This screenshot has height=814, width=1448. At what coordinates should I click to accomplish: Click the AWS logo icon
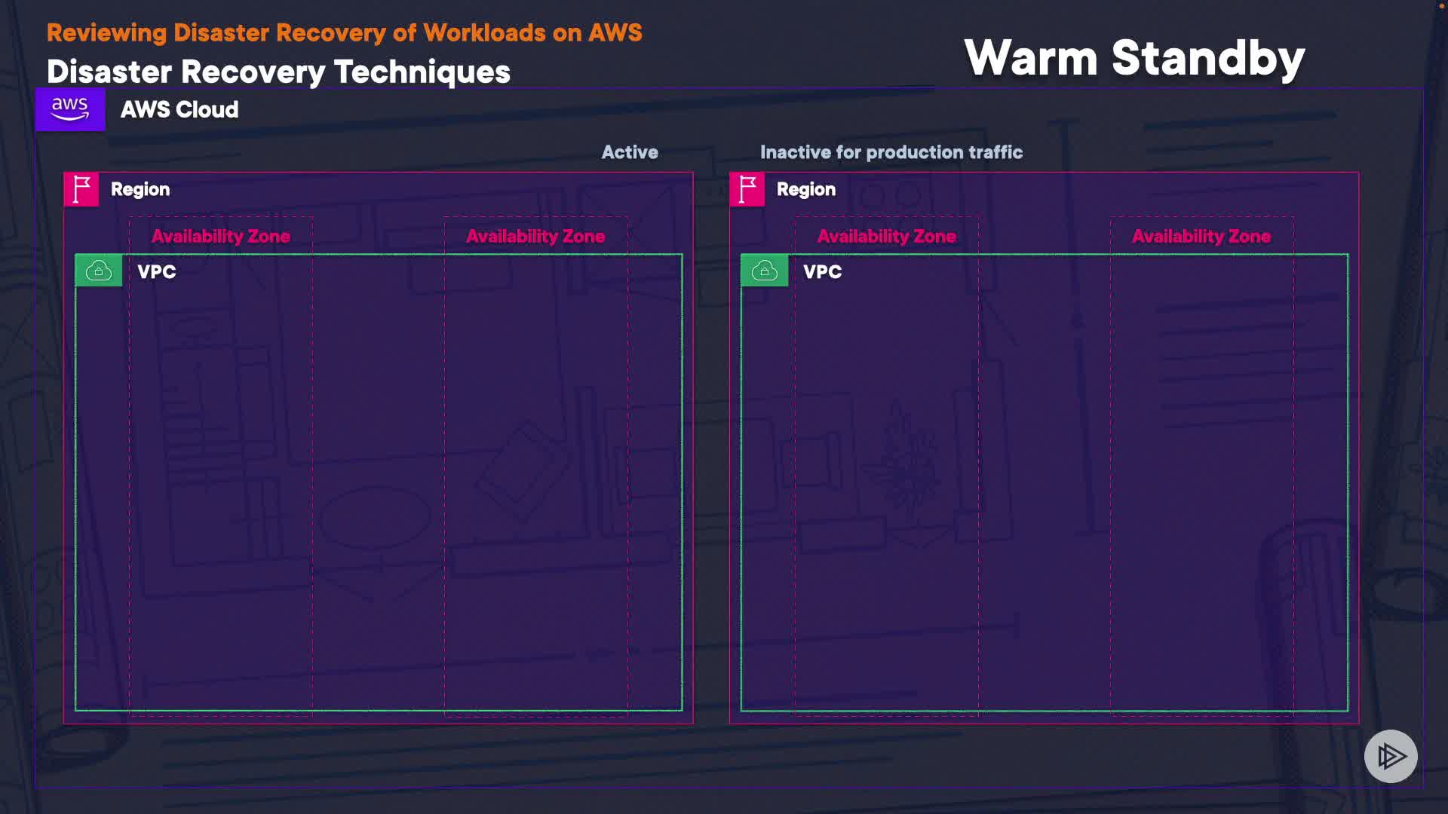70,109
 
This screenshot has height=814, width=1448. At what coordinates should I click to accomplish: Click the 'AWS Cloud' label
179,110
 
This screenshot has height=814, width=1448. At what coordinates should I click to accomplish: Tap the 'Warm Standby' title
1134,58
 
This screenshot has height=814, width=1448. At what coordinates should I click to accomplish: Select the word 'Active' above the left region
630,152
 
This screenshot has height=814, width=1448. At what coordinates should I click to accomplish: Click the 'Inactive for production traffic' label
891,152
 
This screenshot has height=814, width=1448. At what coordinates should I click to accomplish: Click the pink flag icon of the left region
81,189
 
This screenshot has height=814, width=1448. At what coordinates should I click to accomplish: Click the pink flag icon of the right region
747,189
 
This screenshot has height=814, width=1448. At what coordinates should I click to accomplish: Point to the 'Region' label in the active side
140,189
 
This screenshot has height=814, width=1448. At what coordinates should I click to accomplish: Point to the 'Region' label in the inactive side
806,189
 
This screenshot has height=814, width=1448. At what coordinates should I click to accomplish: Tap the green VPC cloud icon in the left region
99,271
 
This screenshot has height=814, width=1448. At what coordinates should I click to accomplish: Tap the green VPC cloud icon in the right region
765,271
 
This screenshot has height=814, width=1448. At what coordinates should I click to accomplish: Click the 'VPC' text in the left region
157,272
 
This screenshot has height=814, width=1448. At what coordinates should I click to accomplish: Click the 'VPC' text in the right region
823,272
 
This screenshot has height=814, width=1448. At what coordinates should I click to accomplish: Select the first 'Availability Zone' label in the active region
221,237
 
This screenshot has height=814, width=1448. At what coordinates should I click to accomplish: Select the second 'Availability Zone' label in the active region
535,237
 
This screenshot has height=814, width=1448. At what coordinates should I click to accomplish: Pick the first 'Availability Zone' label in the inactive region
887,237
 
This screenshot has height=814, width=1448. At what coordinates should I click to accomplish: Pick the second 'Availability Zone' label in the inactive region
1201,237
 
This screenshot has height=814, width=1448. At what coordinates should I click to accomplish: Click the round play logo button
1391,756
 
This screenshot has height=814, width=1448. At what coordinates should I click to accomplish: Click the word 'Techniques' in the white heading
422,72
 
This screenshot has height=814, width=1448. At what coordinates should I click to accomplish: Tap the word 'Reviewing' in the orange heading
106,33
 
